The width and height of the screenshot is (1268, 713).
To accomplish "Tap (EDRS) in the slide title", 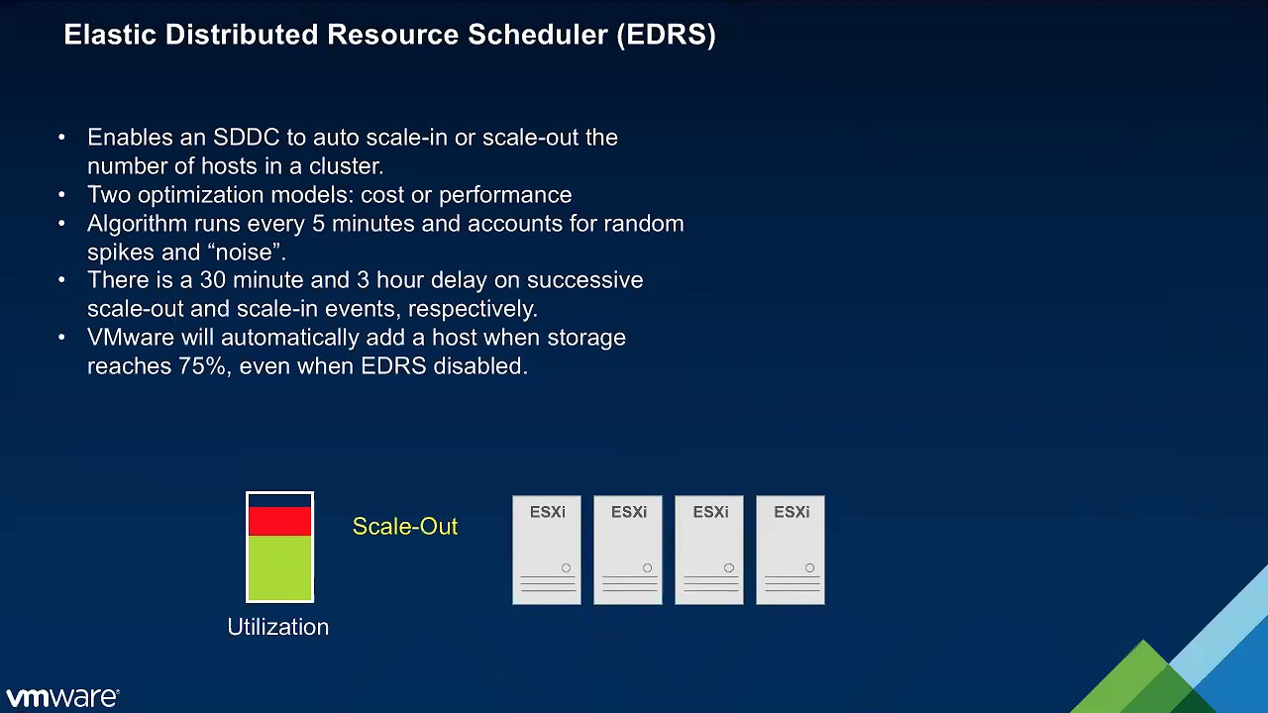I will tap(666, 35).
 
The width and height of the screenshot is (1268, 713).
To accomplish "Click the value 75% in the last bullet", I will tap(202, 366).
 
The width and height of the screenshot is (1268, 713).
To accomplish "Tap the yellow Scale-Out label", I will tap(404, 527).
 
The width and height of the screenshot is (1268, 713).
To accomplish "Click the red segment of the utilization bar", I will tap(279, 521).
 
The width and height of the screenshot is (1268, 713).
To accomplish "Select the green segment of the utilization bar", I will tap(279, 567).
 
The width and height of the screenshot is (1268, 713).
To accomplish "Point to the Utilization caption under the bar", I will tap(277, 627).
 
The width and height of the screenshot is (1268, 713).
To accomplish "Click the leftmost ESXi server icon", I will tap(547, 551).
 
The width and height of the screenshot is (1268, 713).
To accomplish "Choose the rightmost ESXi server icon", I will tap(791, 551).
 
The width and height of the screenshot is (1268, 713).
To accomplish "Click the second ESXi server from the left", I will tap(628, 551).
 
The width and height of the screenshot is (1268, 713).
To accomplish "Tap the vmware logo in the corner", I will tap(61, 697).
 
